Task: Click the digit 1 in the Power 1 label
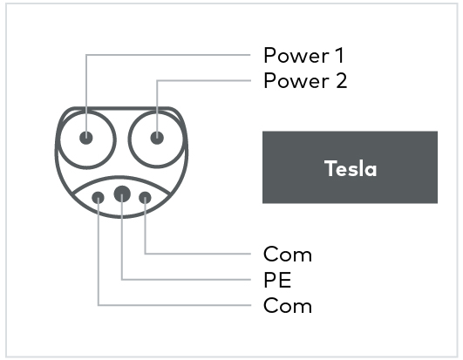coord(338,56)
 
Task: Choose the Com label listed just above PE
coord(287,255)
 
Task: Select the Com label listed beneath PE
coord(287,306)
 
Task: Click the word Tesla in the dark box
coord(351,168)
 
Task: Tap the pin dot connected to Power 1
coord(86,138)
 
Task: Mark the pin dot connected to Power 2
coord(157,138)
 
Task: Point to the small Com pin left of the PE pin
coord(99,198)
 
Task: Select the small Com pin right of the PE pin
coord(145,198)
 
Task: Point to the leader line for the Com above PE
coord(201,254)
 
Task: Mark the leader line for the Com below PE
coord(174,305)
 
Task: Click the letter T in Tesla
coord(330,168)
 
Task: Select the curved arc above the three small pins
coord(122,177)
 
